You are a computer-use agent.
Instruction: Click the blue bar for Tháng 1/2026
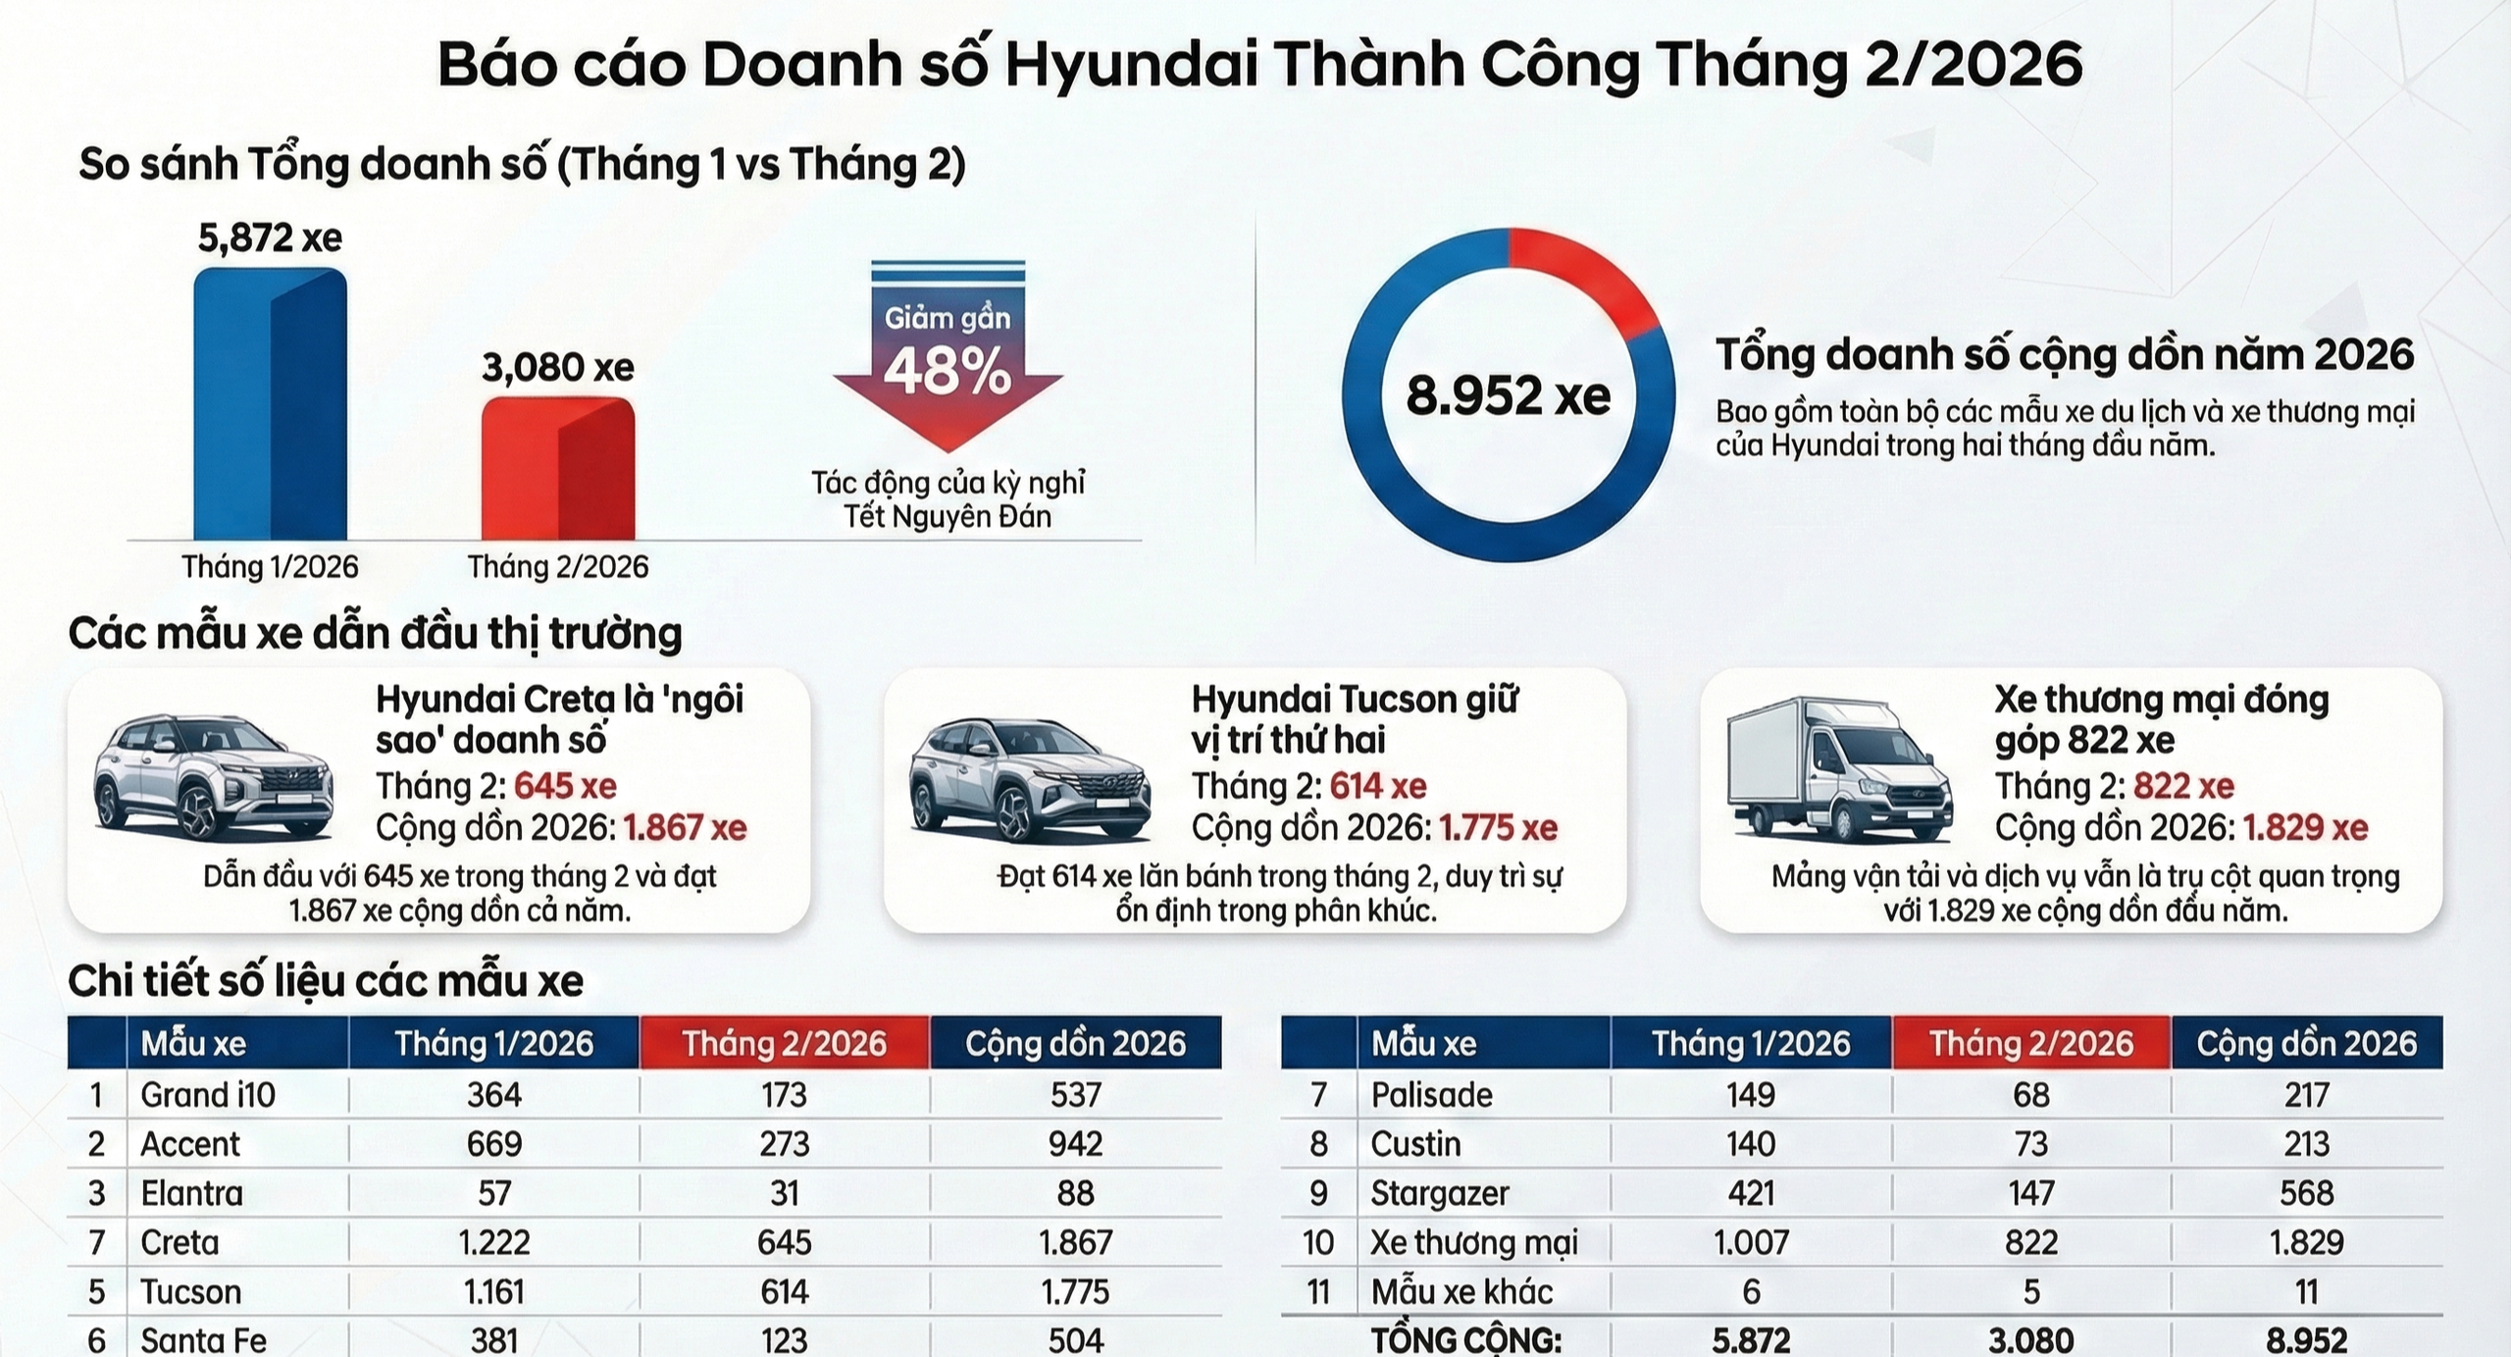click(270, 404)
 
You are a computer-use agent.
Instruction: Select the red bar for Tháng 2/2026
click(557, 469)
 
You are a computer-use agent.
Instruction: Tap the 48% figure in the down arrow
click(948, 373)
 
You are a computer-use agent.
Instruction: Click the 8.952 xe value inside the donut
click(1508, 395)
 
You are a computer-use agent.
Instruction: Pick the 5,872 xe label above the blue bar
click(270, 237)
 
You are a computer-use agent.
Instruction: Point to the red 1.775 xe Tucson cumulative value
click(1498, 828)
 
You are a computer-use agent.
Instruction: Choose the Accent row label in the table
click(190, 1144)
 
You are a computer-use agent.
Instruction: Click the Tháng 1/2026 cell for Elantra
click(494, 1193)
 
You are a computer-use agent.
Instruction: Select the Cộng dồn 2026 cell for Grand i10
click(1075, 1095)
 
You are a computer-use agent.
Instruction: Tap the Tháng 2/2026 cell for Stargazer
click(2030, 1193)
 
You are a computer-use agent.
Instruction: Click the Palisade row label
click(1431, 1095)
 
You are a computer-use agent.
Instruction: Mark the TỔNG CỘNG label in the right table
click(1465, 1340)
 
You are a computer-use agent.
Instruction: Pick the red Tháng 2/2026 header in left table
click(784, 1043)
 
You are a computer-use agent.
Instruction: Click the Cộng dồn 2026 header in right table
click(2306, 1043)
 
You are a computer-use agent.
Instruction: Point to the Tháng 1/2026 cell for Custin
click(1751, 1144)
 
